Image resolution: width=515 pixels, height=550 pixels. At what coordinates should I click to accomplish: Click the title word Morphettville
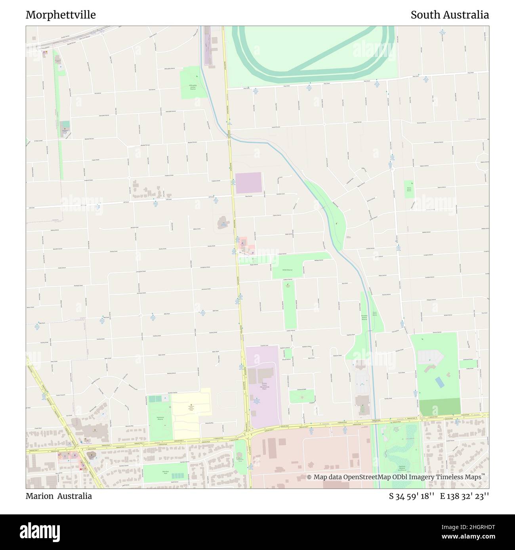61,15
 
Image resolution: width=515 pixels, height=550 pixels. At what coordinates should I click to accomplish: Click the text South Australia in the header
449,15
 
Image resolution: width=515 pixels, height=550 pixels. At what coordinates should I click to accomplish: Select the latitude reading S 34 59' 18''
412,496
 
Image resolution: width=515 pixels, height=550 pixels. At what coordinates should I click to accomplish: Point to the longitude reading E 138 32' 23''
464,496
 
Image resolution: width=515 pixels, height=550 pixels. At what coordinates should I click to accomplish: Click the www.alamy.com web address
463,538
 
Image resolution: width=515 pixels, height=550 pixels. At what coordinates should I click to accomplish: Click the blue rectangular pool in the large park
439,382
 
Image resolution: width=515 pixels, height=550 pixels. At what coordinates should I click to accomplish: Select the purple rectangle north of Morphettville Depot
248,182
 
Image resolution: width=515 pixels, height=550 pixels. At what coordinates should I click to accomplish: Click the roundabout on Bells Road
141,315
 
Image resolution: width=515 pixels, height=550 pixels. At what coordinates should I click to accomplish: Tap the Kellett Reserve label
287,269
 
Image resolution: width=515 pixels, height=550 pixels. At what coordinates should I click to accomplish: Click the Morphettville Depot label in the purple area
264,386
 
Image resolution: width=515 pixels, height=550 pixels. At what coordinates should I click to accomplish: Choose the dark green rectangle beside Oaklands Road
440,407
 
